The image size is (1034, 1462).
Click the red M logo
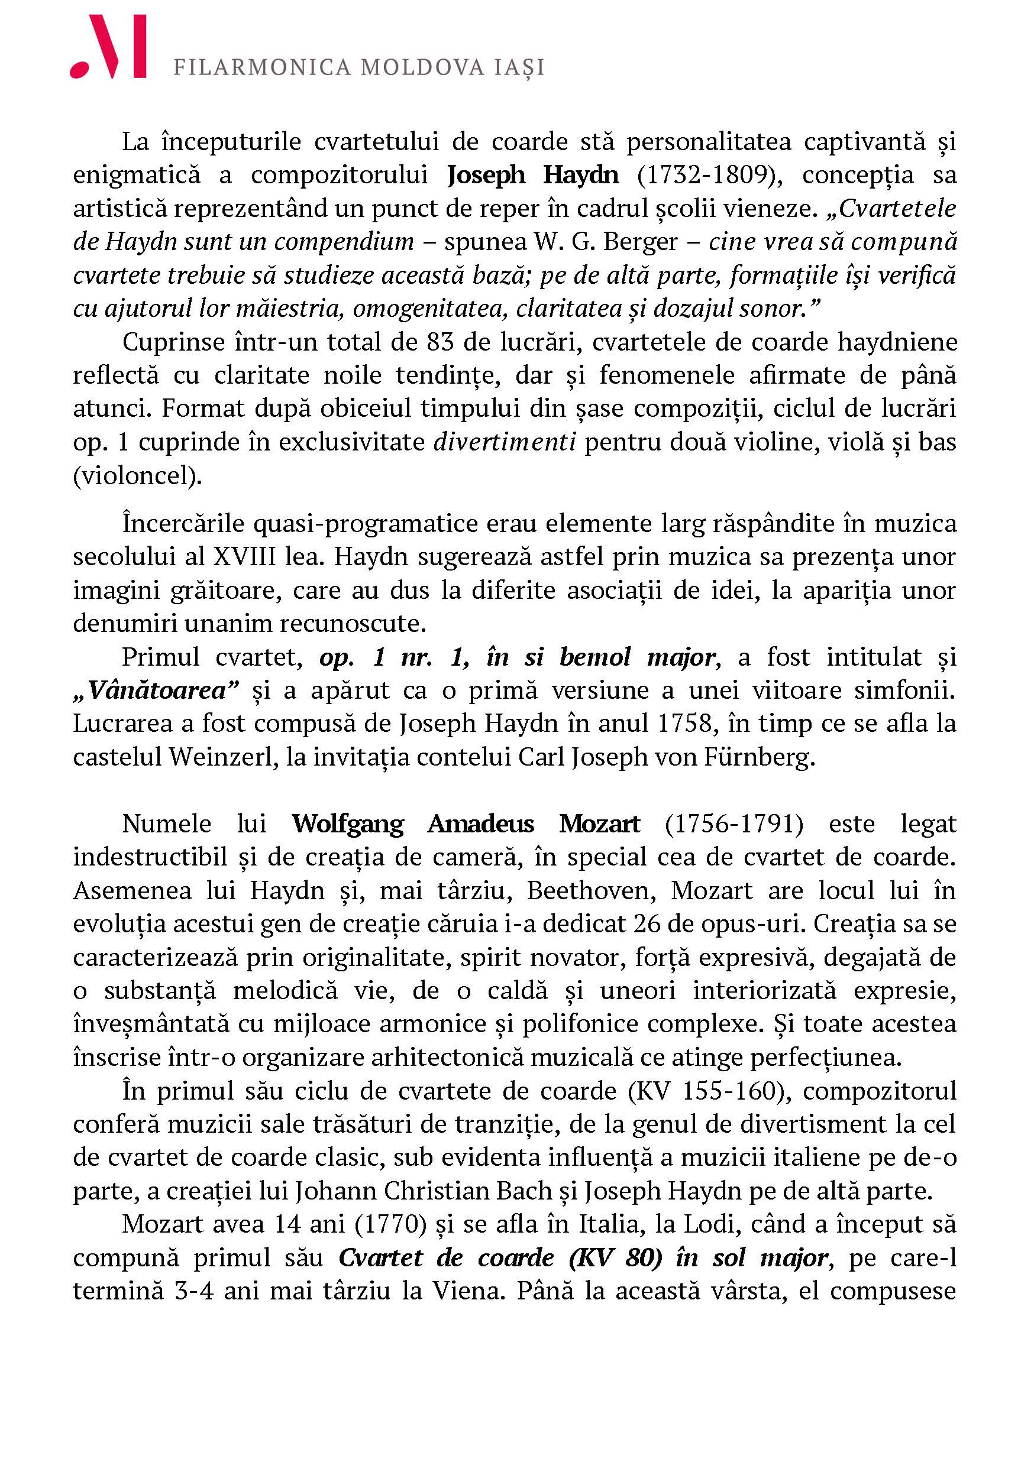point(108,47)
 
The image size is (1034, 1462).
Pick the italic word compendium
point(344,241)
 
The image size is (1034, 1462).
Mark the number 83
point(440,342)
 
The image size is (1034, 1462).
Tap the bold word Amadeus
point(480,824)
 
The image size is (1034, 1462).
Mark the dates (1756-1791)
point(734,824)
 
